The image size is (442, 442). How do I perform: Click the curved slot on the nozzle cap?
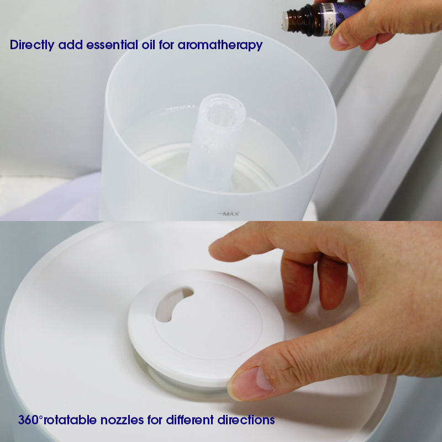[x=174, y=303]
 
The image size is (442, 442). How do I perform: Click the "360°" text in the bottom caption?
[x=30, y=420]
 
